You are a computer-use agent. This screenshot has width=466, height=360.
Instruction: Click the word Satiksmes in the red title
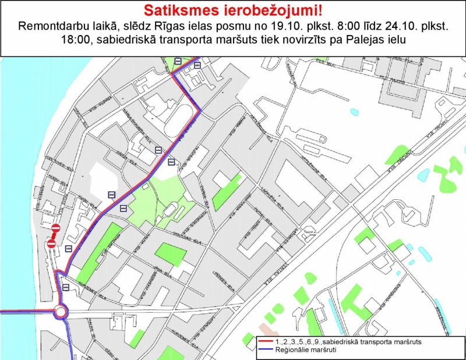pyautogui.click(x=172, y=10)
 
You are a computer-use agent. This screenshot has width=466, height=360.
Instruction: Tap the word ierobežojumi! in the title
pyautogui.click(x=270, y=10)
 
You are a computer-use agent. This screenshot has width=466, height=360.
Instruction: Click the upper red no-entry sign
pyautogui.click(x=56, y=228)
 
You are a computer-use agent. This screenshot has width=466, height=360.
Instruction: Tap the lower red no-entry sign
pyautogui.click(x=51, y=245)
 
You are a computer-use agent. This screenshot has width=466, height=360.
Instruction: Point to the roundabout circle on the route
pyautogui.click(x=61, y=313)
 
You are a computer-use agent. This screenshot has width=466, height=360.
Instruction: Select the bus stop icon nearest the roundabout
pyautogui.click(x=66, y=287)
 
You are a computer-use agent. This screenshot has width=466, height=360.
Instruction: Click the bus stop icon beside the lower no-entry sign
pyautogui.click(x=69, y=249)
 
